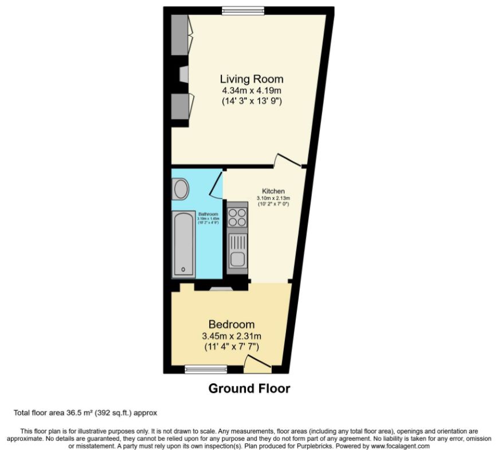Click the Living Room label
point(252,79)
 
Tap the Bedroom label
point(232,324)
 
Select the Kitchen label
point(273,191)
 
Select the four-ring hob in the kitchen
point(237,218)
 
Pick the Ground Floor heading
point(249,389)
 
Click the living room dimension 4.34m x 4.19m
point(252,91)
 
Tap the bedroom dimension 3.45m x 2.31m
point(232,336)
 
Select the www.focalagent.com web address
point(400,446)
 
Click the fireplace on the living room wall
point(184,75)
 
